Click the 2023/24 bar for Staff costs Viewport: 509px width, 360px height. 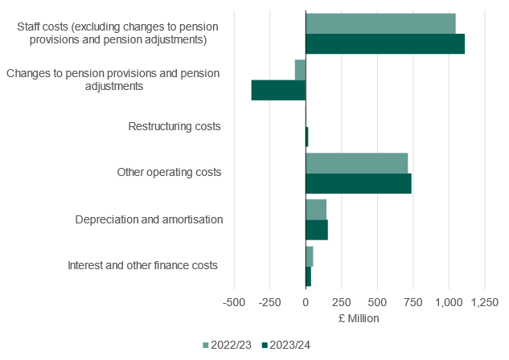click(385, 44)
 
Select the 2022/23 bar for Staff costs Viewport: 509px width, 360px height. click(380, 24)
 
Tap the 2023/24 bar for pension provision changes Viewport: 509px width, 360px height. click(278, 90)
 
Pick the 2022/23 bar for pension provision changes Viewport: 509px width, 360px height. click(300, 70)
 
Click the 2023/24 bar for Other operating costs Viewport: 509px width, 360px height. click(359, 183)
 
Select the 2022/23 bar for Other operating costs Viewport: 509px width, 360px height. click(357, 163)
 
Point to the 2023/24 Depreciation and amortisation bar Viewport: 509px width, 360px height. click(317, 230)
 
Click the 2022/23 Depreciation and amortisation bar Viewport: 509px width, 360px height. click(316, 210)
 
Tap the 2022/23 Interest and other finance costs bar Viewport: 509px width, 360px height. click(310, 256)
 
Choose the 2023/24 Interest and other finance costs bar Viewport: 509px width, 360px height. click(308, 276)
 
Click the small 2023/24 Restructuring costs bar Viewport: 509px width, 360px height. click(307, 137)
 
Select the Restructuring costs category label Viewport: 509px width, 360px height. click(174, 126)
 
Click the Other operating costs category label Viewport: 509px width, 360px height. click(169, 172)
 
